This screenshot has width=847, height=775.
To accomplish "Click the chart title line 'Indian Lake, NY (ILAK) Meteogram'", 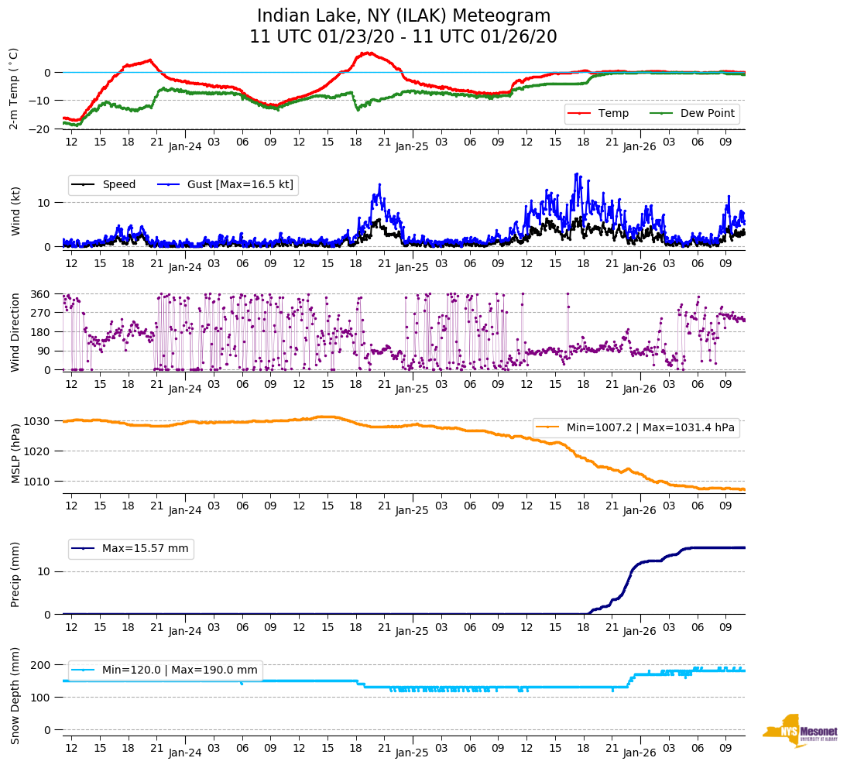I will point(403,16).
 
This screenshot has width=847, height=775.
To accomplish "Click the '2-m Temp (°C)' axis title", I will point(14,87).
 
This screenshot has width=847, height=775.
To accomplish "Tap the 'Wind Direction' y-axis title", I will point(15,331).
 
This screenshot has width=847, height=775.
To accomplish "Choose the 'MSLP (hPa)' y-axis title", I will point(15,453).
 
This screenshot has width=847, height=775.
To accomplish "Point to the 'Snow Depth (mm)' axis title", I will point(15,696).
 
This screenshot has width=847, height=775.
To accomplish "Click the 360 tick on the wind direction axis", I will point(42,294).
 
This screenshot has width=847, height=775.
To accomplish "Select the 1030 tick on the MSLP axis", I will point(39,421).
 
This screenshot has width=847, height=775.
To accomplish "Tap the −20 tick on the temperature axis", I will point(40,129).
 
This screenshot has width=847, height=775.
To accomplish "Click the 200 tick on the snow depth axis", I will point(42,665).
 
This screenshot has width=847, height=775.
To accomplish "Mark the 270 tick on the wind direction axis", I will point(42,313).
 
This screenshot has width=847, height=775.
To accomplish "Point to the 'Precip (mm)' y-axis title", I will point(15,574).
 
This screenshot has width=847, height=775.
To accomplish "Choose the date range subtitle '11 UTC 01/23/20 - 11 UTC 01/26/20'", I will point(403,37).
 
